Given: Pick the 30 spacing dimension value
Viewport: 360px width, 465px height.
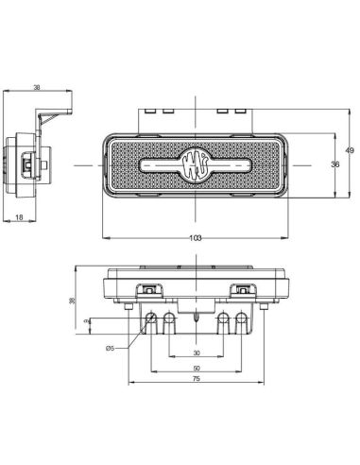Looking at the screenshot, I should (x=196, y=353).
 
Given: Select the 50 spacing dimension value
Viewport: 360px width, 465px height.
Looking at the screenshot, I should (x=196, y=368).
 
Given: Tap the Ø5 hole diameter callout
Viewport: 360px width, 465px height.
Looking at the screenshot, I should (x=111, y=349).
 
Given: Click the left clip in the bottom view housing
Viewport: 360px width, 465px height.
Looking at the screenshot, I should (x=148, y=289).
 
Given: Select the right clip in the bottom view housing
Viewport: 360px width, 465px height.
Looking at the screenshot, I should (x=244, y=289).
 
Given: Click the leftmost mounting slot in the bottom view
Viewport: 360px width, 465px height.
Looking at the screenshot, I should (x=150, y=321).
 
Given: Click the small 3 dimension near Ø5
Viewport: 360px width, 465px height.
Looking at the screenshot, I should (x=87, y=323).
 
